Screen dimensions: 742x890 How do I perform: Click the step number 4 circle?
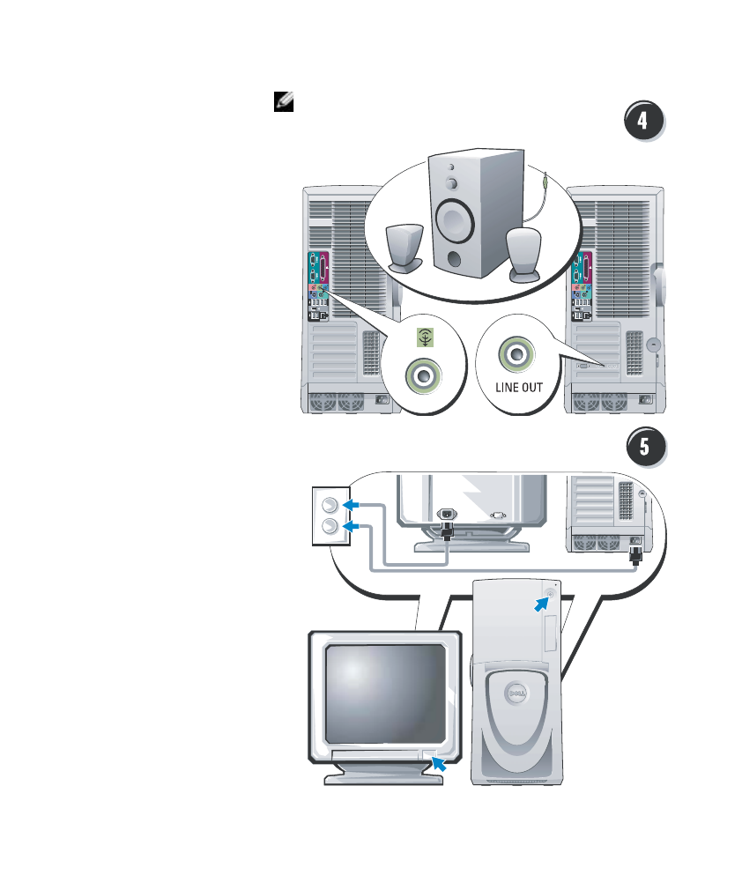[643, 120]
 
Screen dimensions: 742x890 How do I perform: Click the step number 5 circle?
[645, 446]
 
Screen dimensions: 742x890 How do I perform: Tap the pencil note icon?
[283, 101]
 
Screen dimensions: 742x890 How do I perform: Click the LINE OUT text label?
[519, 387]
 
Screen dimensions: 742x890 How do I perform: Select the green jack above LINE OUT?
[516, 354]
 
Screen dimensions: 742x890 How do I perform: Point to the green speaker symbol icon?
[425, 337]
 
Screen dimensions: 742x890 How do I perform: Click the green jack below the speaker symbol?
[423, 375]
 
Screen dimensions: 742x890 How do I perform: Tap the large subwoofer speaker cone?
[454, 221]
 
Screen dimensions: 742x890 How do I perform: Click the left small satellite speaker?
[404, 248]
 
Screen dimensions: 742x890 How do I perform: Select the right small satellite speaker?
[523, 255]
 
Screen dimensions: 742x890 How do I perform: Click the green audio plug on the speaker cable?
[545, 182]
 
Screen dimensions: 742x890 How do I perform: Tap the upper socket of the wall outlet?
[330, 505]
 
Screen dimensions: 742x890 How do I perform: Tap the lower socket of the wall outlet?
[330, 526]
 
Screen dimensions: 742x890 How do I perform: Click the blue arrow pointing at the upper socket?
[352, 505]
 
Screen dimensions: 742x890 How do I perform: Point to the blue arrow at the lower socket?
[352, 526]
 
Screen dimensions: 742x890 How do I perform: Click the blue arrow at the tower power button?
[542, 604]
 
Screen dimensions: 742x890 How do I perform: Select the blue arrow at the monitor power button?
[439, 763]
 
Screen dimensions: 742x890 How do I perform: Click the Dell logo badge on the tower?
[516, 693]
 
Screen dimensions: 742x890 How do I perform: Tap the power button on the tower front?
[550, 594]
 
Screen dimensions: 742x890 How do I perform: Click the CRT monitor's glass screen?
[385, 693]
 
